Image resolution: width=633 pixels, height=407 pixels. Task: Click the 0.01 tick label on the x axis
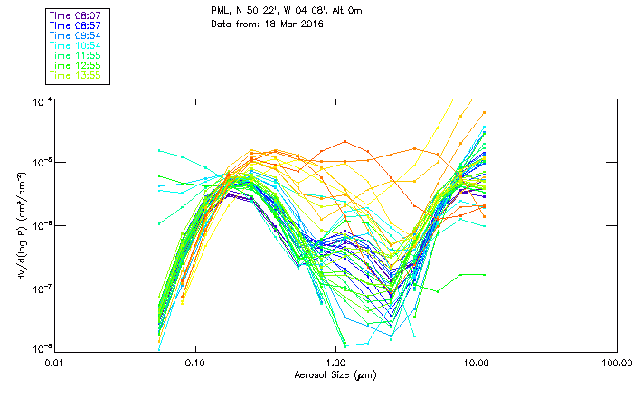coord(54,362)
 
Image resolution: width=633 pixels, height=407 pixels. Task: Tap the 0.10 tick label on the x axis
coord(194,362)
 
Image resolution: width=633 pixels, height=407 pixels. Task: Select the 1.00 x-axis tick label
coord(335,362)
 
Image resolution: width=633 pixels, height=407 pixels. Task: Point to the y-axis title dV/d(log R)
coord(21,224)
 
